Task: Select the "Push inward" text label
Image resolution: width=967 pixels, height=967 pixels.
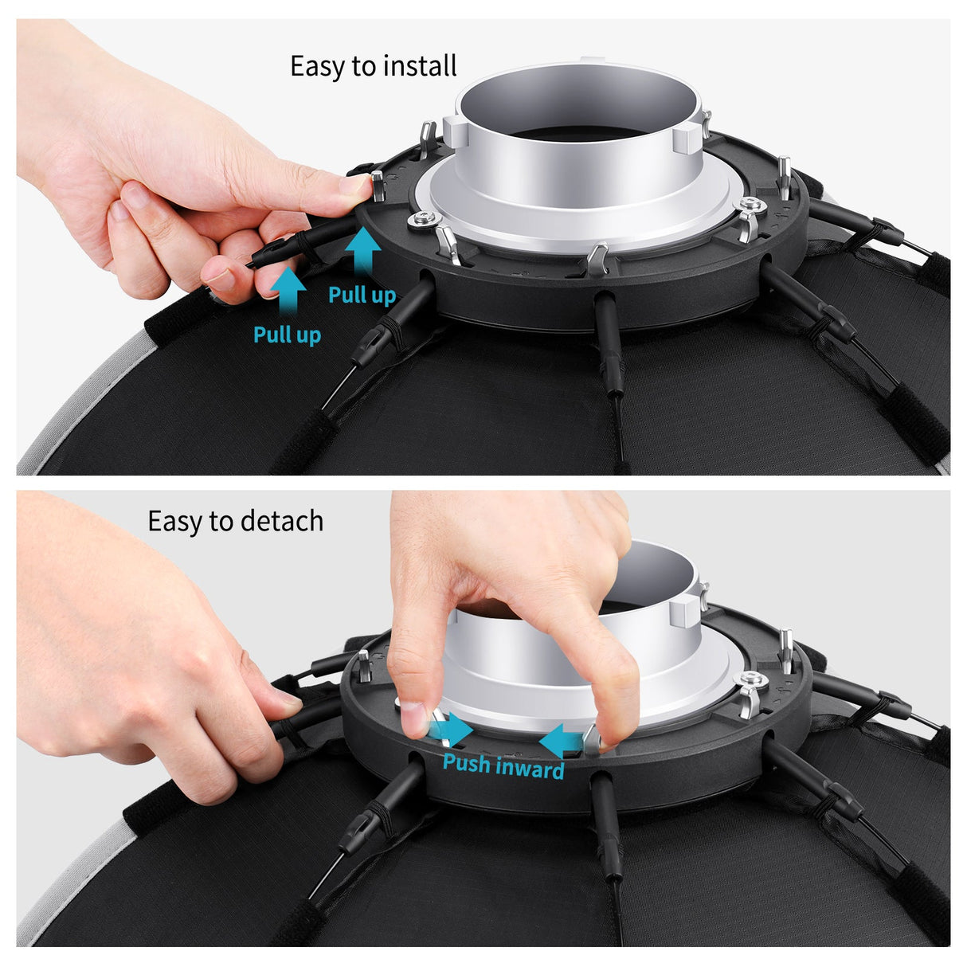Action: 503,765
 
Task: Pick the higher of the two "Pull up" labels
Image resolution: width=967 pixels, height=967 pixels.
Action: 362,296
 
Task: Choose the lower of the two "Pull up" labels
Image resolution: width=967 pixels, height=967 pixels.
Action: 287,335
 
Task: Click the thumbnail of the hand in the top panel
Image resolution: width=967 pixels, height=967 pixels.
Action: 354,186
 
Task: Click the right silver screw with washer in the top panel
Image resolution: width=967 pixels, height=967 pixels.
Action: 750,206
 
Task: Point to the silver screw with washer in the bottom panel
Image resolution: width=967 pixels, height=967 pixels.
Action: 751,679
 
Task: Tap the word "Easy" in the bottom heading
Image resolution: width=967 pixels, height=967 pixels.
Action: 174,522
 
